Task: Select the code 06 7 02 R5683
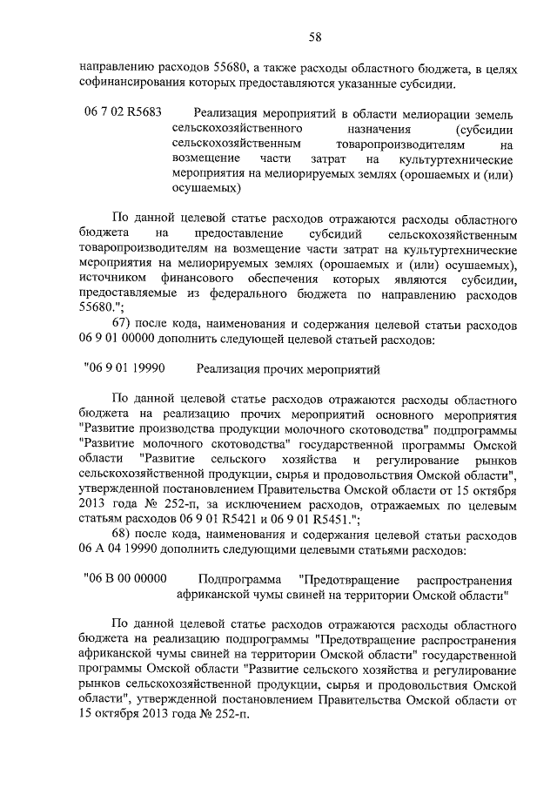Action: tap(124, 113)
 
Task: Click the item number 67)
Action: tap(127, 326)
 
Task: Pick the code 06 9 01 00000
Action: tap(122, 341)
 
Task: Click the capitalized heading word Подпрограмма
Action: tap(238, 579)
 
